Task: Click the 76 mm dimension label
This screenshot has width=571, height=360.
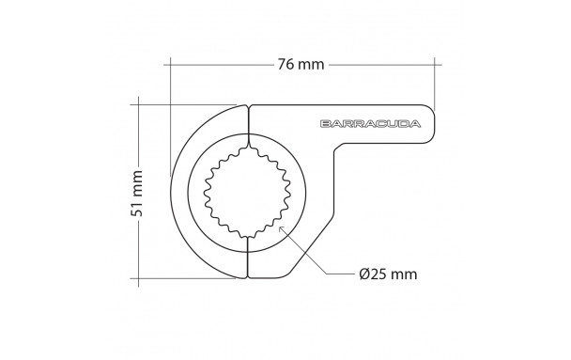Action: click(301, 65)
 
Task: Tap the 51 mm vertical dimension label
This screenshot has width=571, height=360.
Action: click(136, 193)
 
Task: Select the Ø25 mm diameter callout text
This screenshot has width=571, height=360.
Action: click(388, 274)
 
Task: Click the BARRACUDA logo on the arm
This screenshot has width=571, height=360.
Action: click(370, 124)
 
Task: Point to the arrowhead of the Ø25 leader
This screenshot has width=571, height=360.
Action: click(281, 228)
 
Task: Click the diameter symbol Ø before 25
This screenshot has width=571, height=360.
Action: click(365, 274)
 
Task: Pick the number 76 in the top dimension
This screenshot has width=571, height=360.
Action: click(286, 65)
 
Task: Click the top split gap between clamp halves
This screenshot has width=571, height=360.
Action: click(248, 120)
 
